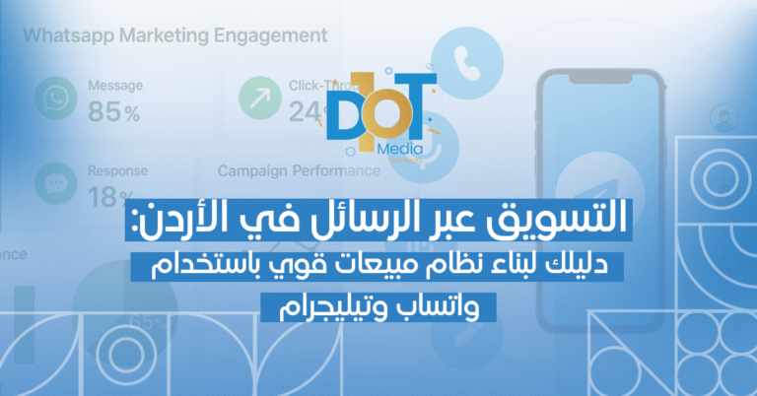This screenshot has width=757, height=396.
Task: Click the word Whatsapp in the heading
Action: pyautogui.click(x=66, y=37)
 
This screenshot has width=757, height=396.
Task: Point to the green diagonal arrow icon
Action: pyautogui.click(x=258, y=98)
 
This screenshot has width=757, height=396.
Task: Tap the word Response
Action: pyautogui.click(x=117, y=170)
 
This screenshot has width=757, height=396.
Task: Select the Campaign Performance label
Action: pyautogui.click(x=298, y=170)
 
